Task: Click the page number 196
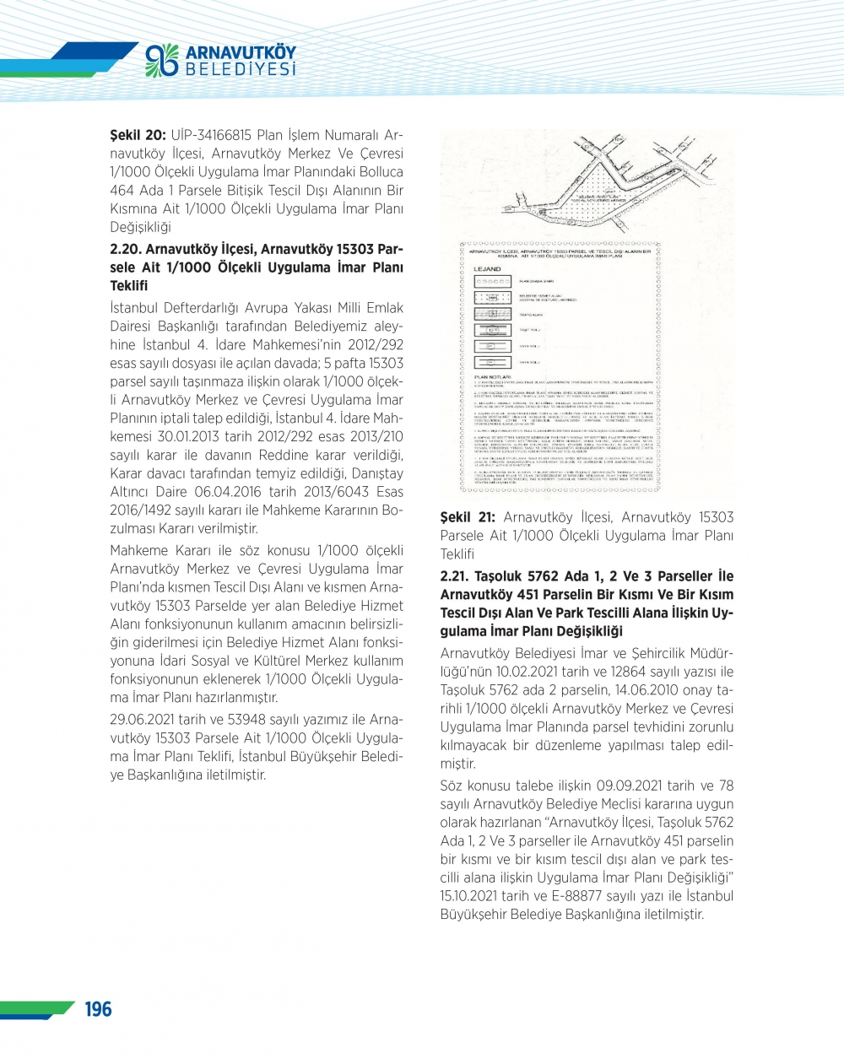pyautogui.click(x=98, y=1008)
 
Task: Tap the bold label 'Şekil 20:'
pyautogui.click(x=138, y=135)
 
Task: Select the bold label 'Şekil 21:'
pyautogui.click(x=468, y=517)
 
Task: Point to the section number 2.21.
pyautogui.click(x=456, y=576)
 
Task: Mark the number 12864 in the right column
pyautogui.click(x=625, y=672)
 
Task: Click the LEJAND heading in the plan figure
pyautogui.click(x=488, y=269)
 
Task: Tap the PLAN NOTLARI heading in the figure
pyautogui.click(x=493, y=377)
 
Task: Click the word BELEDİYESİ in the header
pyautogui.click(x=241, y=69)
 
